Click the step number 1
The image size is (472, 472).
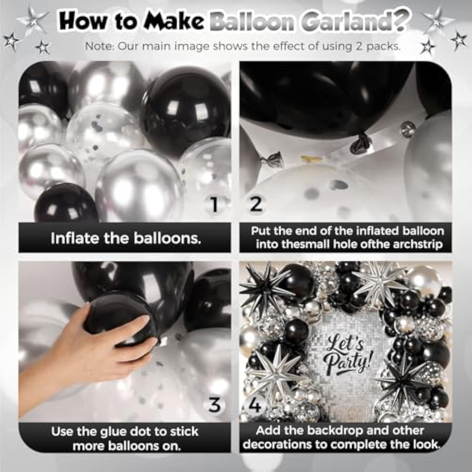tap(214, 205)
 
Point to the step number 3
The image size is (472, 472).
tap(215, 405)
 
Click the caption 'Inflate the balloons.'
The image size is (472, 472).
tap(126, 238)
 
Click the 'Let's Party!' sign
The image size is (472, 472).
tap(346, 354)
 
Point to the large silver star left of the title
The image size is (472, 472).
tap(32, 20)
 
